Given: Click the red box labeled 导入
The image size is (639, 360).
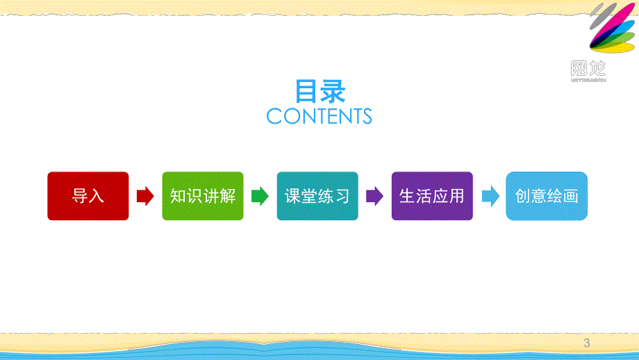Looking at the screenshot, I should pyautogui.click(x=88, y=196).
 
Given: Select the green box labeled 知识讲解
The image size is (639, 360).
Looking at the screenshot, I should pyautogui.click(x=203, y=196).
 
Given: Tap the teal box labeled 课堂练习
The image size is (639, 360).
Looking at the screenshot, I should pyautogui.click(x=317, y=196).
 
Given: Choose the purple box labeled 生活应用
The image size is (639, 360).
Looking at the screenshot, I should pyautogui.click(x=432, y=196).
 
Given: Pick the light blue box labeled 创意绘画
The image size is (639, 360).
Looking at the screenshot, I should pyautogui.click(x=547, y=196).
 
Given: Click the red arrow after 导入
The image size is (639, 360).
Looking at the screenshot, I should pyautogui.click(x=145, y=197).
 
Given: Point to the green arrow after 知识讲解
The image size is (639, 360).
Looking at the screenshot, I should pyautogui.click(x=260, y=197).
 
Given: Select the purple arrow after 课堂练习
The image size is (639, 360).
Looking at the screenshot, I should pyautogui.click(x=374, y=197).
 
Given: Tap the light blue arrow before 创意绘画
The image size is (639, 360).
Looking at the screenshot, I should pyautogui.click(x=490, y=197).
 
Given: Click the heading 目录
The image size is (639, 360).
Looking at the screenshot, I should pyautogui.click(x=319, y=91).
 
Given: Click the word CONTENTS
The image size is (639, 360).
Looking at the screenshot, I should pyautogui.click(x=319, y=116).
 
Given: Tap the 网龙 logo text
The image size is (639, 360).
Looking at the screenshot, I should pyautogui.click(x=588, y=68).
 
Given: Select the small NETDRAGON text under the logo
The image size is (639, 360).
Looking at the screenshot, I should pyautogui.click(x=588, y=80).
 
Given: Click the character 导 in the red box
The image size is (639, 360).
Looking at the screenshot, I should pyautogui.click(x=80, y=196).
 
